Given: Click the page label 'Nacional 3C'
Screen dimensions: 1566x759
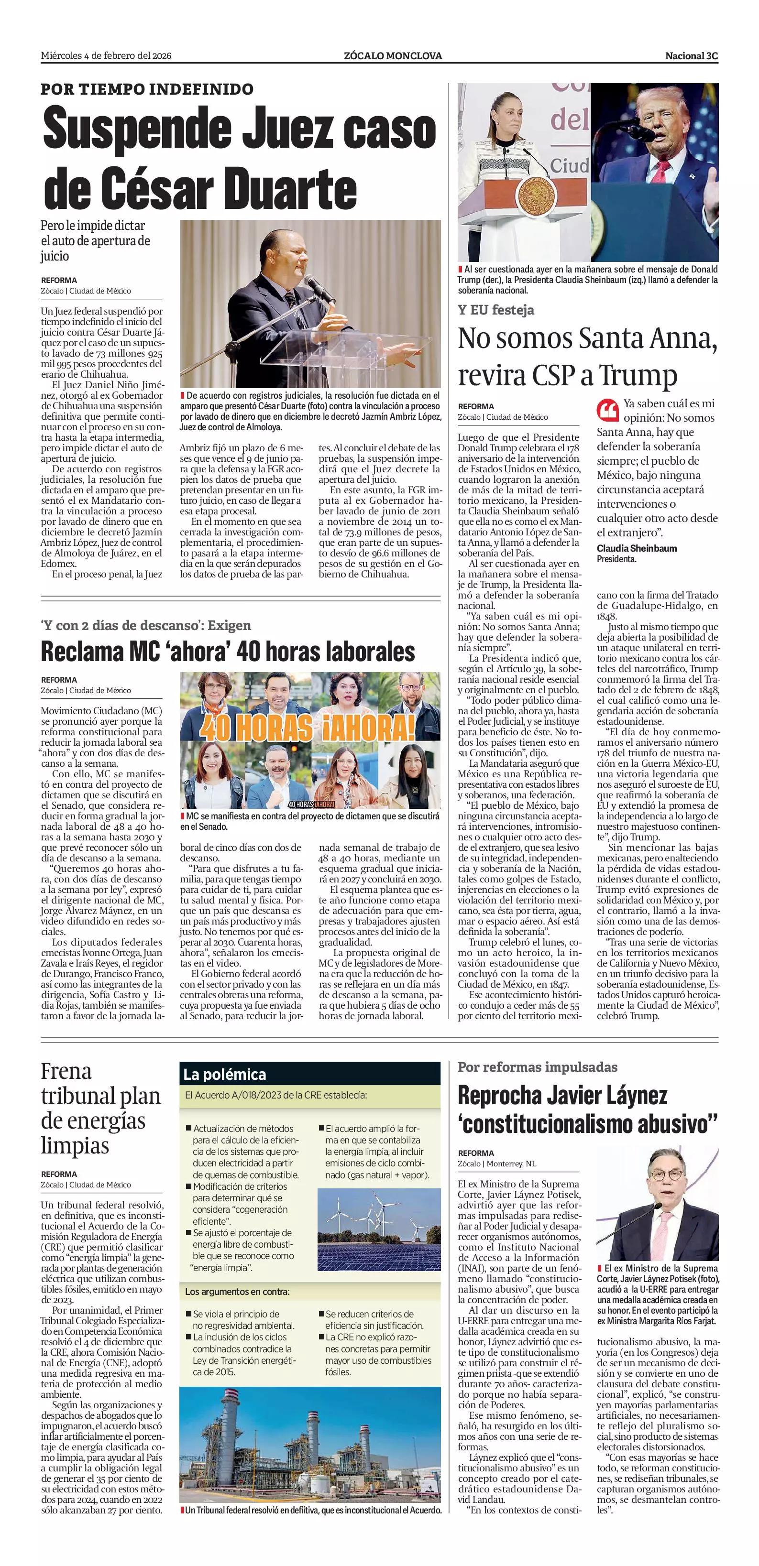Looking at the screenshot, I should coord(691,56).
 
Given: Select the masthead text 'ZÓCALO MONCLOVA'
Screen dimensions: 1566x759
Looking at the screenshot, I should coord(392,56).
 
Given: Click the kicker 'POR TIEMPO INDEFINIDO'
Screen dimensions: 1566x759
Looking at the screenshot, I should coord(147,89).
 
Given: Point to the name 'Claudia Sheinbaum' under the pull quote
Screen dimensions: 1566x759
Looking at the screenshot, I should coord(636,548).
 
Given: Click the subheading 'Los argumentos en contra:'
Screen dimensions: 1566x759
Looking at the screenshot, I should coord(237,1291).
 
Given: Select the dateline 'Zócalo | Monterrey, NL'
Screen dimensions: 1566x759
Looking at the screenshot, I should coord(497,1164).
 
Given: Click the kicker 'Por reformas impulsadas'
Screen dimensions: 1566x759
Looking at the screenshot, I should coord(537,1067).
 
